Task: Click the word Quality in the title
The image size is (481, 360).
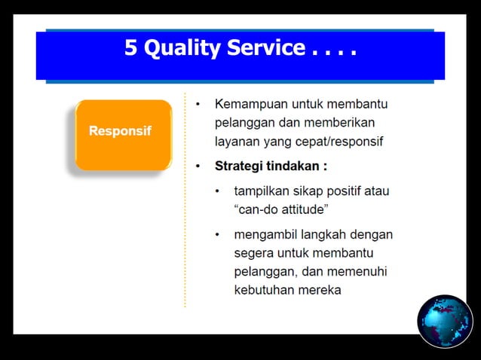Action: tap(181, 49)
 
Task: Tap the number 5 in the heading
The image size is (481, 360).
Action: tap(131, 49)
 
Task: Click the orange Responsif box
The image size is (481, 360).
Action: tap(122, 134)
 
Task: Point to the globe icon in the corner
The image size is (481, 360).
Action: tap(444, 320)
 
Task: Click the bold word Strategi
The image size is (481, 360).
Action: tap(240, 166)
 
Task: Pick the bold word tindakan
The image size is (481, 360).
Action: tap(297, 166)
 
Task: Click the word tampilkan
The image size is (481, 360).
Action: tap(262, 191)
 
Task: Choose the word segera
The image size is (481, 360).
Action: tap(255, 252)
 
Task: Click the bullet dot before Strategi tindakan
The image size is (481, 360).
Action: tap(198, 166)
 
